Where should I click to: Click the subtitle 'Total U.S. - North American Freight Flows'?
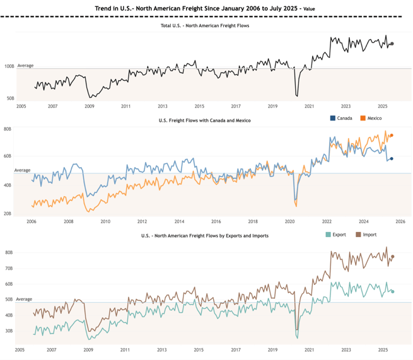(206, 25)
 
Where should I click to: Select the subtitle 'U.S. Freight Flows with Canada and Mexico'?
(205, 120)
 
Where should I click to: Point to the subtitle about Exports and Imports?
(205, 235)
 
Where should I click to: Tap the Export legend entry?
(335, 235)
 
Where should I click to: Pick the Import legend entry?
(366, 235)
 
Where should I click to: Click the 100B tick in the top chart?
(9, 66)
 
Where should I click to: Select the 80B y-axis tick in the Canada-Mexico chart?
(8, 129)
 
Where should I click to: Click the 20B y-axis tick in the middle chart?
(8, 214)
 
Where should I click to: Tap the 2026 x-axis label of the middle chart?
(400, 221)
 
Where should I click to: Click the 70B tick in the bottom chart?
(9, 269)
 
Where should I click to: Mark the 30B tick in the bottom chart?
(9, 330)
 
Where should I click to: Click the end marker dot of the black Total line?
(392, 44)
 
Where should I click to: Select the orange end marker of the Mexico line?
(392, 136)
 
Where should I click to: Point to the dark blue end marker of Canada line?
(392, 159)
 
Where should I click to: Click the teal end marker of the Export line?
(392, 291)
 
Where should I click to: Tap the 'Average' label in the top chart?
(25, 66)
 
